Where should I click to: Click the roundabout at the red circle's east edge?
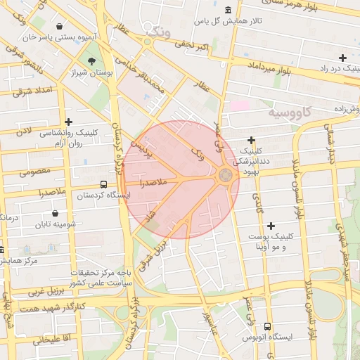(x=226, y=176)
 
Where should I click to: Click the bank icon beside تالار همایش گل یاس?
(x=228, y=9)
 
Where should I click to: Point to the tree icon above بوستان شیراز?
(x=92, y=60)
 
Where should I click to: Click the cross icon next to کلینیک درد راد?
(x=342, y=58)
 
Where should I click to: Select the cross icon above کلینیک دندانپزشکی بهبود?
(x=251, y=141)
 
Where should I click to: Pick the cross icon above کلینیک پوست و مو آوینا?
(x=271, y=226)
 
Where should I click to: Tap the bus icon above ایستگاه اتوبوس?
(x=267, y=326)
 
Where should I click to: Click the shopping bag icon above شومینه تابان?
(x=56, y=213)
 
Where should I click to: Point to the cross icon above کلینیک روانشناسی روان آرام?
(x=68, y=122)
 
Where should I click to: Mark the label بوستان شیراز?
(x=92, y=72)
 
